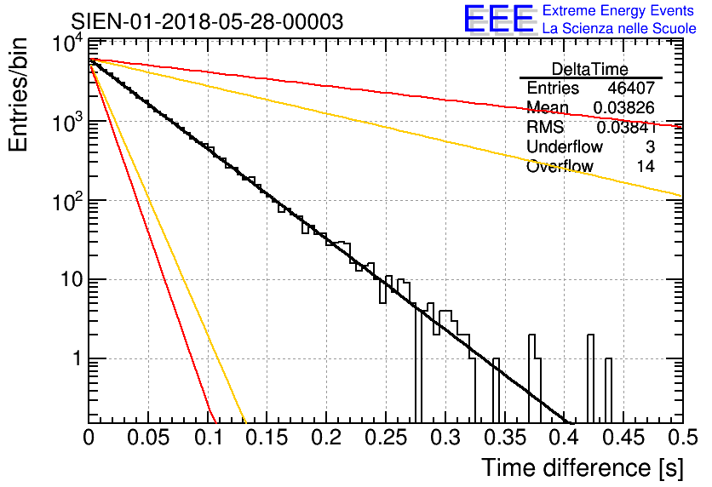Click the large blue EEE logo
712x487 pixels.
[x=499, y=20]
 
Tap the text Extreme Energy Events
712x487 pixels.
[x=618, y=11]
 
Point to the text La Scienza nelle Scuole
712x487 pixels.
[x=619, y=29]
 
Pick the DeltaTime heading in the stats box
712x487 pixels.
[x=589, y=69]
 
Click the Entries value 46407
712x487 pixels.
[x=631, y=89]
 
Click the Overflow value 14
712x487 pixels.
[x=646, y=167]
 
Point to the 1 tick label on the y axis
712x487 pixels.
[x=74, y=358]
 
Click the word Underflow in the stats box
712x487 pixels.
[x=564, y=147]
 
